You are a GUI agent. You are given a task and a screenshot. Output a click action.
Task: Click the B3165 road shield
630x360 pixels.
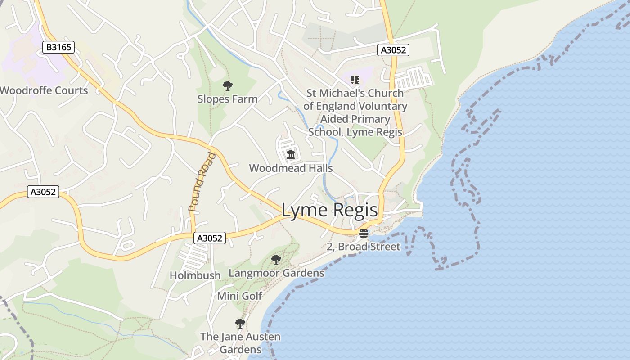tap(58, 47)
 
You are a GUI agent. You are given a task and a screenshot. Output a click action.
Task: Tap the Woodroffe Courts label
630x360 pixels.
tap(44, 90)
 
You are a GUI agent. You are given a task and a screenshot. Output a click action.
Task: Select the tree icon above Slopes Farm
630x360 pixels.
tap(228, 85)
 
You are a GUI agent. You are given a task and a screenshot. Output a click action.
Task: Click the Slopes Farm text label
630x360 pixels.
tap(228, 99)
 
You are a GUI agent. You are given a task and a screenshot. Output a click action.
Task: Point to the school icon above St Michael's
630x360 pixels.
tap(355, 80)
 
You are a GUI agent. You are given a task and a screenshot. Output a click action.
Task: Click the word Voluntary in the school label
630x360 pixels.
tap(382, 107)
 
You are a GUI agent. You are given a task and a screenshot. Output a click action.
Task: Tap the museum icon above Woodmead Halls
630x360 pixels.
tap(291, 155)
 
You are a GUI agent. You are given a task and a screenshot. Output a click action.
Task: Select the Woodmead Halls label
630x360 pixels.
tap(291, 168)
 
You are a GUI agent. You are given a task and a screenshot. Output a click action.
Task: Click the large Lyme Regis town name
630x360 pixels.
tap(329, 210)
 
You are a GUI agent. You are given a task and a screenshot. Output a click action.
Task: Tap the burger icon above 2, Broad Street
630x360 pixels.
tap(364, 234)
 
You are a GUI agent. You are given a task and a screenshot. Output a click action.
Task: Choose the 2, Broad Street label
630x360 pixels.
tap(363, 247)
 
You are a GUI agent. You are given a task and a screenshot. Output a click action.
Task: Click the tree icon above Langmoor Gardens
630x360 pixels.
tap(276, 260)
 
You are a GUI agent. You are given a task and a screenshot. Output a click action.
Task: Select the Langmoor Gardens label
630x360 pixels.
tap(276, 273)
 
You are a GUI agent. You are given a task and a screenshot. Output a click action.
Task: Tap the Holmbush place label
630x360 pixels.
tap(195, 275)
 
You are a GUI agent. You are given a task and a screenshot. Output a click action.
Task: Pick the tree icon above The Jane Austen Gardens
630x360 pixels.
tap(240, 323)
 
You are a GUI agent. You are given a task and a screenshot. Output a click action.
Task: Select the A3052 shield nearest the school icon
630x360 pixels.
tap(393, 50)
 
